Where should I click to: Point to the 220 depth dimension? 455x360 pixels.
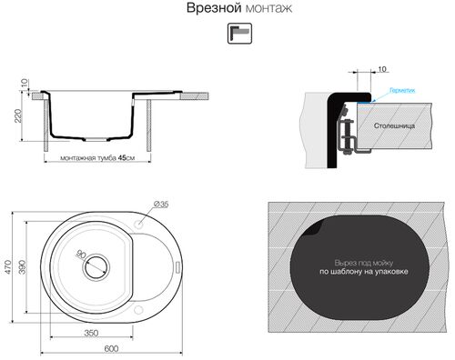16,115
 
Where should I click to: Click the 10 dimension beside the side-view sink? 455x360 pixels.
24,90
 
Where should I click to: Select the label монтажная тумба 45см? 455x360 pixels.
96,157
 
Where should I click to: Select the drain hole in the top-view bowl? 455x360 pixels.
95,268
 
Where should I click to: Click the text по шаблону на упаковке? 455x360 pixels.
364,272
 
